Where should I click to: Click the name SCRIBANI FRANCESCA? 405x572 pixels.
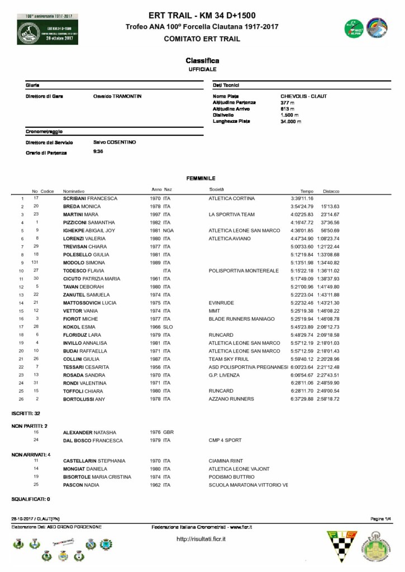click(x=90, y=198)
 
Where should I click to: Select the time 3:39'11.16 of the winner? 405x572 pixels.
click(x=302, y=198)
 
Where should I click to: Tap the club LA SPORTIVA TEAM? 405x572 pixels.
click(x=231, y=214)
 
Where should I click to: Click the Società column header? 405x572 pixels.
click(x=216, y=190)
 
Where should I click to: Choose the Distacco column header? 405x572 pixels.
click(x=331, y=190)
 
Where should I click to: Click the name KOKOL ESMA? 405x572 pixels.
click(x=78, y=327)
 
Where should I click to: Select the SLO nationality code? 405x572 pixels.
click(x=168, y=327)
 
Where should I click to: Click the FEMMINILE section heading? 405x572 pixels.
click(x=202, y=178)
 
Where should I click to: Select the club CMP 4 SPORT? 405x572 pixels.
click(x=225, y=440)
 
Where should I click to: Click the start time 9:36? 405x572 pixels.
click(x=98, y=151)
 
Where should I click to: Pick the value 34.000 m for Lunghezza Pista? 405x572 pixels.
click(x=290, y=121)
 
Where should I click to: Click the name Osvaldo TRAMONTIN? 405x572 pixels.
click(x=117, y=96)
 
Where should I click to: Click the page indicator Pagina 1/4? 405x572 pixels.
click(x=381, y=519)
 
